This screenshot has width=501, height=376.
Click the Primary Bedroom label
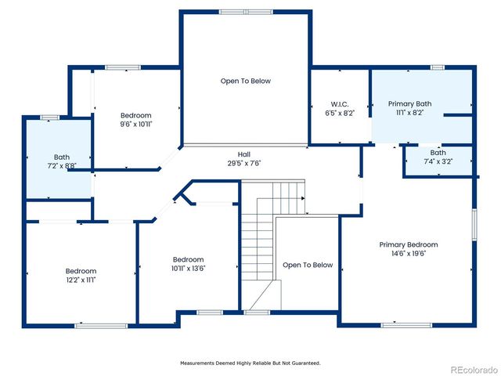click(408, 244)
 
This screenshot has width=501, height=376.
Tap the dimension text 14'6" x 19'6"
click(408, 254)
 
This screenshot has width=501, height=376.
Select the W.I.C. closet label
click(340, 104)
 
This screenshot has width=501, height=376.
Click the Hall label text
click(244, 154)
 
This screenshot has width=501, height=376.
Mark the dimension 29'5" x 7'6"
click(244, 163)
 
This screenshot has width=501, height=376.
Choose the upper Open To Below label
click(245, 81)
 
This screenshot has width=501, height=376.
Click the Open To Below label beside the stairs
click(308, 265)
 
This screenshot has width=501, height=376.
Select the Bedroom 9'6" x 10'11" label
click(135, 115)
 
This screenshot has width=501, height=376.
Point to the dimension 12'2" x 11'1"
click(81, 280)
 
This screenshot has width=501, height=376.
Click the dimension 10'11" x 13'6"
click(188, 269)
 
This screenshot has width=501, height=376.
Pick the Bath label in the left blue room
click(61, 157)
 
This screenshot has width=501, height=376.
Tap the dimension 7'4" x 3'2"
click(437, 161)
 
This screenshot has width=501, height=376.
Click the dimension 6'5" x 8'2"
click(340, 113)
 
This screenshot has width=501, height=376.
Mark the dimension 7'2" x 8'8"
click(61, 166)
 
